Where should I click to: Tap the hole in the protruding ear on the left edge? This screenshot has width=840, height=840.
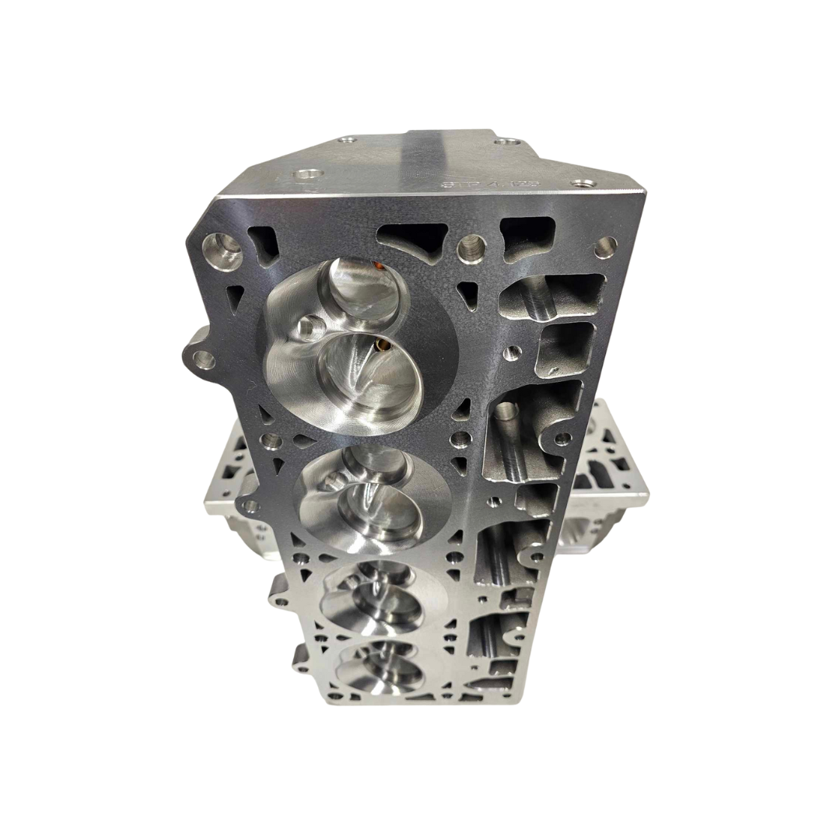click(x=203, y=359)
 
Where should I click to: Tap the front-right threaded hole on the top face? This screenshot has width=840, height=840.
click(x=583, y=184)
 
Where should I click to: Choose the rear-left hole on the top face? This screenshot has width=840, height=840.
click(x=348, y=140)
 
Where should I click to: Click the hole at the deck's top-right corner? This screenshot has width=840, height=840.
click(x=605, y=247)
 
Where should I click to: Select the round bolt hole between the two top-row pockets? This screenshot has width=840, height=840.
click(x=471, y=247)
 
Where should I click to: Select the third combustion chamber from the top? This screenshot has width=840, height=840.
click(x=381, y=599)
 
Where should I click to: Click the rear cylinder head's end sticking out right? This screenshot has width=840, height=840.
click(x=614, y=467)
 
